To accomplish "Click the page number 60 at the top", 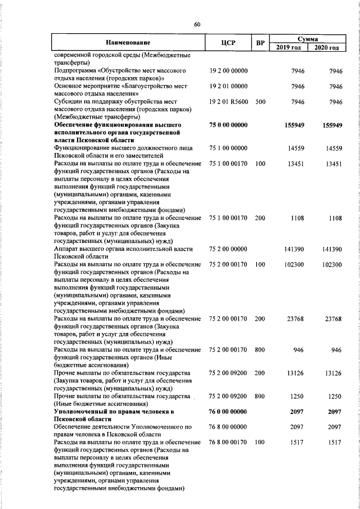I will coord(197,24).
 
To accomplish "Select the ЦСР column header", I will coord(228,43).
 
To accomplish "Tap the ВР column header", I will coord(260,43).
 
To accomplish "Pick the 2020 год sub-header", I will coord(326,47).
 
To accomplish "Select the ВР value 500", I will coord(260,102).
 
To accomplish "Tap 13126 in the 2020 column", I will coord(332,373).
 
